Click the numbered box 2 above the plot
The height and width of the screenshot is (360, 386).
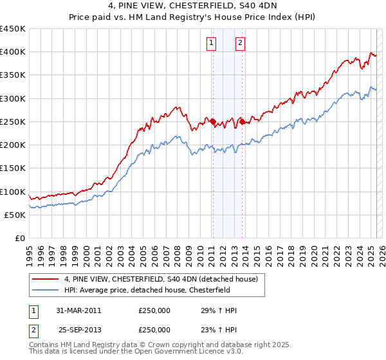[x=240, y=43]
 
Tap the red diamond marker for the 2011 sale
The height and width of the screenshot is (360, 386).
[x=213, y=121]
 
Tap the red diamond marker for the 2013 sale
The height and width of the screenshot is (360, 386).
[x=242, y=121]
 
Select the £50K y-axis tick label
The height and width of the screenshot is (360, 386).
[x=16, y=215]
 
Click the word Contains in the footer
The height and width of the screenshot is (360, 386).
[x=44, y=345]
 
